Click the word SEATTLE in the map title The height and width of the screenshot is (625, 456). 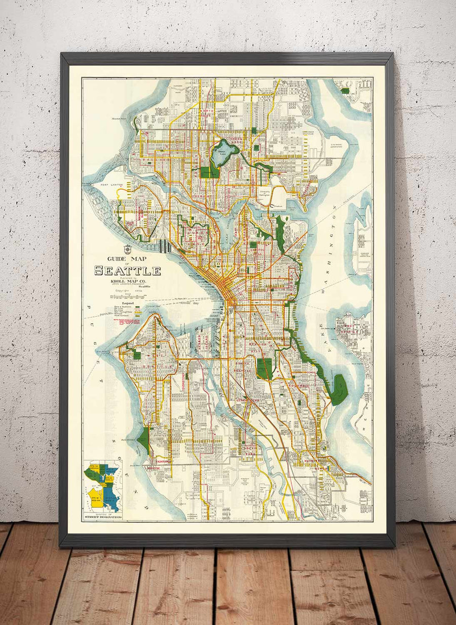click(127, 271)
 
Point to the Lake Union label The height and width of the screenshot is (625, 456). click(226, 224)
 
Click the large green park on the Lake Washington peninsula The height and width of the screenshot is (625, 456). click(339, 389)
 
